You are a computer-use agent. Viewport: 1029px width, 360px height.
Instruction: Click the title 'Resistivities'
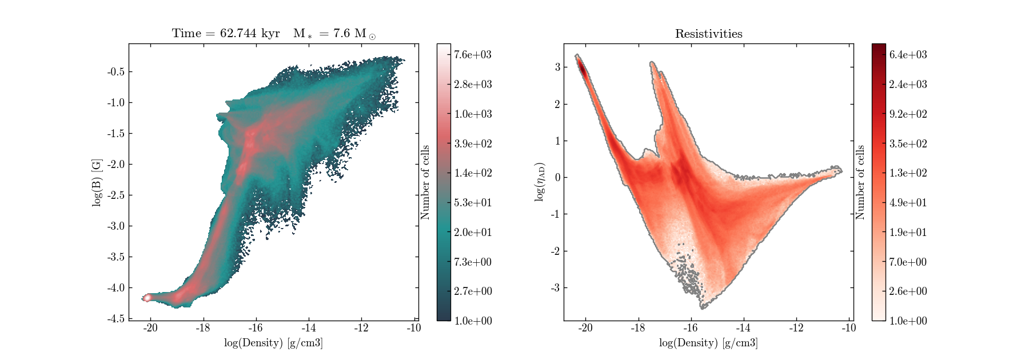(x=709, y=34)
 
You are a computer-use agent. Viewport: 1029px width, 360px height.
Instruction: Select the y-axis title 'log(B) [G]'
(x=97, y=182)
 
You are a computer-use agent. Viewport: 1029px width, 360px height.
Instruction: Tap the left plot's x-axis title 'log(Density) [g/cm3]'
(x=273, y=343)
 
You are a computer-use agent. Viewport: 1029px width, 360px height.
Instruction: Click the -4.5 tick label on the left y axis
(x=116, y=319)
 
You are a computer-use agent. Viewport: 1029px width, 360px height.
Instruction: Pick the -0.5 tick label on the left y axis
(x=116, y=72)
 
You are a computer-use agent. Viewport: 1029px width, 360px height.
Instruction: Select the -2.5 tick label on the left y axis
(x=116, y=195)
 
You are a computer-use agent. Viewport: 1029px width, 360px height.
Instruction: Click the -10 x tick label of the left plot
(x=413, y=328)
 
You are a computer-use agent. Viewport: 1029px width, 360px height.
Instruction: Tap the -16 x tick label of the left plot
(x=256, y=328)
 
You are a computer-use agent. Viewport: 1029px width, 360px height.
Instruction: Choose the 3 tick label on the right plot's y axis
(x=557, y=67)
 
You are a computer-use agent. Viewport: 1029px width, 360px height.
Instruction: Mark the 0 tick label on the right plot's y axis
(x=557, y=177)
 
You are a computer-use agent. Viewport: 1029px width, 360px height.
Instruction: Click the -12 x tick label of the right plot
(x=796, y=328)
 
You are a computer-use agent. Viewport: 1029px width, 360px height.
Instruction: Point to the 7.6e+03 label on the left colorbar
(x=473, y=55)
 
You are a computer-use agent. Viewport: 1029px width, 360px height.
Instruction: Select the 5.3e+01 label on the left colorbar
(x=473, y=203)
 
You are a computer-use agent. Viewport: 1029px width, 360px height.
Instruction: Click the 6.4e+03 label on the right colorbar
(x=908, y=55)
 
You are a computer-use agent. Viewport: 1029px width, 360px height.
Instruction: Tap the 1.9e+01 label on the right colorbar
(x=908, y=233)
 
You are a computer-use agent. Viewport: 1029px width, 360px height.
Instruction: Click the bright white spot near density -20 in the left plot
(x=147, y=297)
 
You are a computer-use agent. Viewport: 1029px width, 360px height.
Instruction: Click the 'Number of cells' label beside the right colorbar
(x=860, y=182)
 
